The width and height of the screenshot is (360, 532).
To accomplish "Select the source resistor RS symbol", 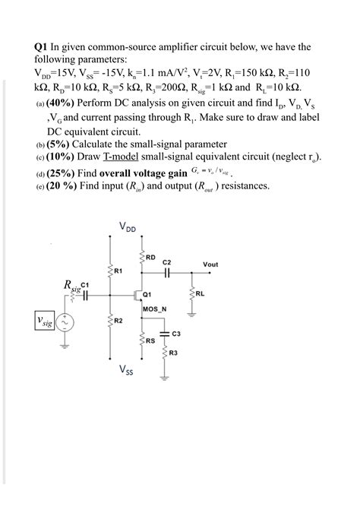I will pos(142,341).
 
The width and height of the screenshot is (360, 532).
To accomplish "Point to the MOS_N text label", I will pos(154,309).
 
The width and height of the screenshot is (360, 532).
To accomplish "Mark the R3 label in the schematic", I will pos(173,353).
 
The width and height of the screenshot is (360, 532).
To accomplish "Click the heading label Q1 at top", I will pos(43,47).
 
